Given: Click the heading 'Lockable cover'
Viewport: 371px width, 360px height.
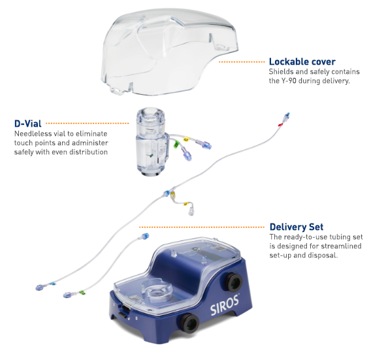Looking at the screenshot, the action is coord(302,61).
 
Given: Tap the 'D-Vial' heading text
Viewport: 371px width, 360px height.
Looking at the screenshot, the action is coord(28,123).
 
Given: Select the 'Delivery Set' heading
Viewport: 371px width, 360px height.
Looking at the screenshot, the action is coord(297,227).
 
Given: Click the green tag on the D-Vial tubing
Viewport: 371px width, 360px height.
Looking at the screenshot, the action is coord(176,144).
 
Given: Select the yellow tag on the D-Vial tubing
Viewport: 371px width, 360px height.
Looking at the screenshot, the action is coord(186,139).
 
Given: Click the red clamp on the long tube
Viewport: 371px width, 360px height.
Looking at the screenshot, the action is coord(281,124).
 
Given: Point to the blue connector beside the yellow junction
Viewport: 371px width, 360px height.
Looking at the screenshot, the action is coord(167,193).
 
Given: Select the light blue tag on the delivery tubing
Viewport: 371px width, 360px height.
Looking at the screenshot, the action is coord(53,284).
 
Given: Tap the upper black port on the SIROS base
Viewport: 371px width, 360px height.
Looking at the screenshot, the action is coord(234,282).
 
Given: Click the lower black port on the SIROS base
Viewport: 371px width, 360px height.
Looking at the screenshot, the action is coord(189,323).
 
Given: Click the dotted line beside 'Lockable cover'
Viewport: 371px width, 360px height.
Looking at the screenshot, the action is coord(242,62).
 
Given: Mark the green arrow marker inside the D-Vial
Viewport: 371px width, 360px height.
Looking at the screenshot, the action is coord(150,155).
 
